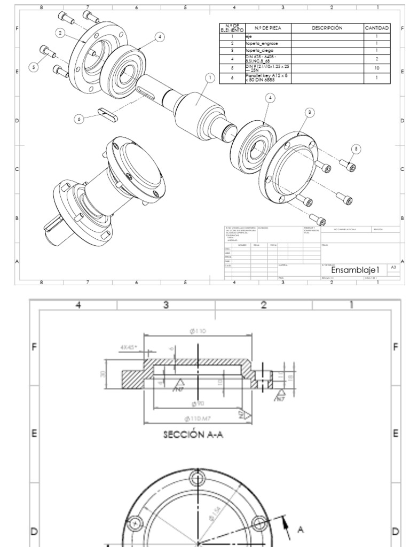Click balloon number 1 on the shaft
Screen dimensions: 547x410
tap(210, 78)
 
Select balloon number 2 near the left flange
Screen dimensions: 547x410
tap(61, 33)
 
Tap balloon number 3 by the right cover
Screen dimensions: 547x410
tap(309, 112)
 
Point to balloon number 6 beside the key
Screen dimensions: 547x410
tap(79, 120)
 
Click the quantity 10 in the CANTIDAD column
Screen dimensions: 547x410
tap(377, 68)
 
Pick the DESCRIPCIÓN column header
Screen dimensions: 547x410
tap(327, 28)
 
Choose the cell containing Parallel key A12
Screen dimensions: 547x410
tap(261, 77)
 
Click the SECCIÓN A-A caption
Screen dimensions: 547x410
tap(193, 434)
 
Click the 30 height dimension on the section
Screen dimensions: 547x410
tap(102, 373)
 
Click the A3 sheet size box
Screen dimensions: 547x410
tap(393, 266)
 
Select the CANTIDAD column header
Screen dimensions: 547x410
tap(377, 28)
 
